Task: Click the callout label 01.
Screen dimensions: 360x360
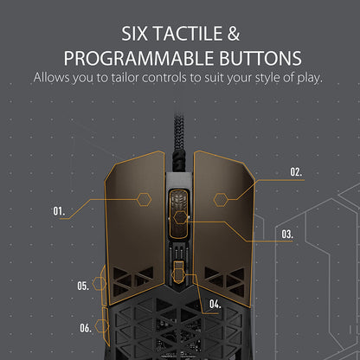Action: pyautogui.click(x=59, y=211)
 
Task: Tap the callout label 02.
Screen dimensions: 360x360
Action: pyautogui.click(x=296, y=172)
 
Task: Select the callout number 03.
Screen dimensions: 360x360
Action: pyautogui.click(x=287, y=234)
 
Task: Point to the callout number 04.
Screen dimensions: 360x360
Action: pyautogui.click(x=215, y=304)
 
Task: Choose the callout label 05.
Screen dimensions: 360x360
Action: pyautogui.click(x=83, y=286)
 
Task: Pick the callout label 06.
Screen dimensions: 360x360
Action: pyautogui.click(x=86, y=328)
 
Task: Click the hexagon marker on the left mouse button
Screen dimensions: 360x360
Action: pyautogui.click(x=144, y=199)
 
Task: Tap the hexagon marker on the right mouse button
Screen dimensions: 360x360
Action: pyautogui.click(x=221, y=200)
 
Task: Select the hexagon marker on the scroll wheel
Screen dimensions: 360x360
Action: pyautogui.click(x=181, y=217)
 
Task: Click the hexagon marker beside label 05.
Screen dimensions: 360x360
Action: pyautogui.click(x=100, y=284)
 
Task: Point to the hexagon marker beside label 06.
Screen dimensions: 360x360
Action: pyautogui.click(x=102, y=326)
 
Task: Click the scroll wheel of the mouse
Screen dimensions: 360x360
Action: pyautogui.click(x=178, y=214)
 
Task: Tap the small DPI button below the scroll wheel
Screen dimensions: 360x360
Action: pyautogui.click(x=178, y=272)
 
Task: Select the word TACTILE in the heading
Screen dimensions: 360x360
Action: pyautogui.click(x=188, y=34)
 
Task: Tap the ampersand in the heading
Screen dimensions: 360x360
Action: pyautogui.click(x=234, y=34)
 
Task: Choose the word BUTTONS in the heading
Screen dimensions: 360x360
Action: pyautogui.click(x=260, y=58)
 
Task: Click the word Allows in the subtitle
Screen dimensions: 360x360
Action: pyautogui.click(x=51, y=78)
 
